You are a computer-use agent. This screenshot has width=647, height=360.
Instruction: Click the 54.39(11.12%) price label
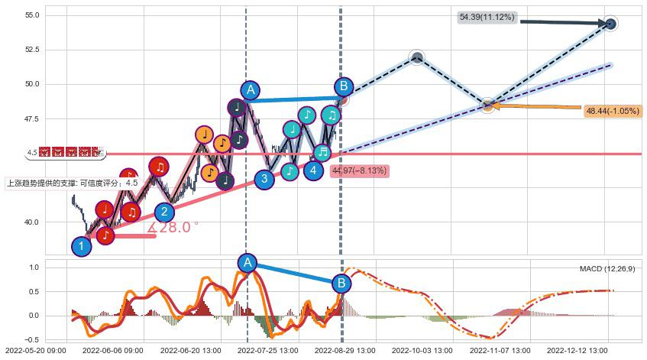[487, 17]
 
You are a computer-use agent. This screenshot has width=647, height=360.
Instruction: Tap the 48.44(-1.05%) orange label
[613, 112]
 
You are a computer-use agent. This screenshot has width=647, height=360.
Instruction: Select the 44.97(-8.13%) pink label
[359, 170]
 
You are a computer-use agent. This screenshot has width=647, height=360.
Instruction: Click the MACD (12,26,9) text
[607, 269]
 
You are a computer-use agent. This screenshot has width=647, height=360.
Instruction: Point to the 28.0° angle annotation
[173, 227]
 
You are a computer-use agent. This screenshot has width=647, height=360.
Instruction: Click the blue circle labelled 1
[81, 246]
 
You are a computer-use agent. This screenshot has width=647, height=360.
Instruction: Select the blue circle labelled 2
[164, 212]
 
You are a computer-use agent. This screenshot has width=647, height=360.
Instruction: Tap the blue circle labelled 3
[264, 180]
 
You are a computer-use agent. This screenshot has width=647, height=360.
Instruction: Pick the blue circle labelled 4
[313, 170]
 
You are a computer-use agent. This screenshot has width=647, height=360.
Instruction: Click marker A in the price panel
[250, 89]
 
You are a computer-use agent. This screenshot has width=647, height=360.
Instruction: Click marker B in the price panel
[343, 87]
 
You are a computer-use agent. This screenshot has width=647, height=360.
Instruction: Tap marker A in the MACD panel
[247, 263]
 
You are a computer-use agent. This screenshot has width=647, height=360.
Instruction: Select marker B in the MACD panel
[342, 284]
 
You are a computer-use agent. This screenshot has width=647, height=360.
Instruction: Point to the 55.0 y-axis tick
[32, 15]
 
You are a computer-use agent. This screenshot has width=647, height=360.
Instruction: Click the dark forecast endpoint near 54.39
[610, 24]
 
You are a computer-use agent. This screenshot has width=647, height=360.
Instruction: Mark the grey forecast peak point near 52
[416, 57]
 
